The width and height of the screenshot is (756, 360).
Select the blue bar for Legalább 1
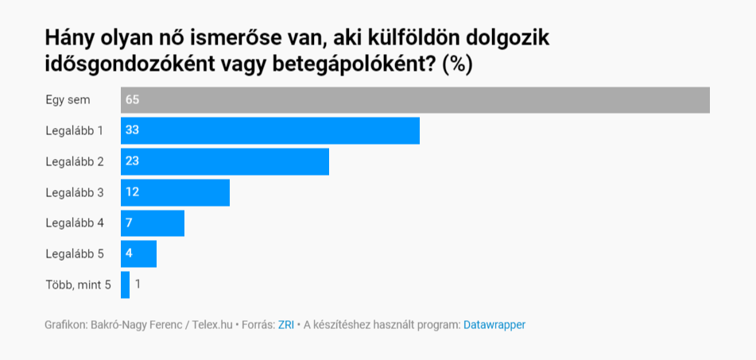tap(270, 130)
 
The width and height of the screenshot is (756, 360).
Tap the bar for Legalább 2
tap(225, 161)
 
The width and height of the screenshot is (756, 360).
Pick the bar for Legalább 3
tap(175, 192)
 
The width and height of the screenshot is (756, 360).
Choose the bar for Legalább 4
tap(153, 223)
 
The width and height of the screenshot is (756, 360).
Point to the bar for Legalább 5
tap(138, 254)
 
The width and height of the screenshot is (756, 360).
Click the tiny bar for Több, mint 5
tap(125, 285)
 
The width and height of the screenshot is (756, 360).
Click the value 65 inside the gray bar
tap(133, 100)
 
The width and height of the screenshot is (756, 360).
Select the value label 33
tap(133, 130)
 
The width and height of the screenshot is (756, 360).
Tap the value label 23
tap(133, 161)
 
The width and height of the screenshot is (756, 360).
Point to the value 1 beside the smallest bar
tap(138, 285)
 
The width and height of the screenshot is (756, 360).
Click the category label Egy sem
tap(68, 100)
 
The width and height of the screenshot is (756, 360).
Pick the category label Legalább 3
tap(75, 192)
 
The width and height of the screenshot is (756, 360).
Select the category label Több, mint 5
tap(78, 285)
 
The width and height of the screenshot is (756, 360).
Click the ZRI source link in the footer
tap(285, 325)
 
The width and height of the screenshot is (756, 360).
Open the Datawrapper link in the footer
tap(494, 325)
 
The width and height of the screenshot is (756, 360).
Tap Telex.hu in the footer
tap(214, 325)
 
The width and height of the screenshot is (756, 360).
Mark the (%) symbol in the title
tap(457, 64)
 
